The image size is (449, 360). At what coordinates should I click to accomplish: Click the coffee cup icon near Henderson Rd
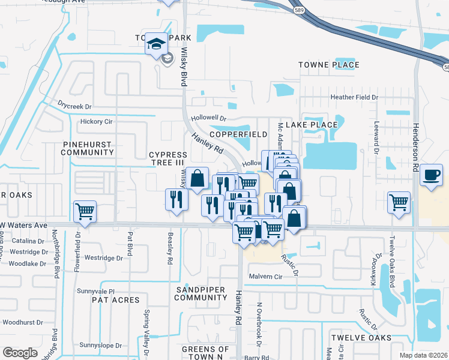[x=431, y=175]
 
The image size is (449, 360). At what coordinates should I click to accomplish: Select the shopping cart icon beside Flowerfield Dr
[x=85, y=211]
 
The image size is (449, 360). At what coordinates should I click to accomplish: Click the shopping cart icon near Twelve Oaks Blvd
[x=399, y=202]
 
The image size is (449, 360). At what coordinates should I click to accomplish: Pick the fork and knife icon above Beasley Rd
[x=176, y=199]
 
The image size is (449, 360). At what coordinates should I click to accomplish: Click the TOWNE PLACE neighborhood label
[x=329, y=65]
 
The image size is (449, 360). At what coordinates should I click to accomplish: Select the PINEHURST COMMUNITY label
[x=88, y=148]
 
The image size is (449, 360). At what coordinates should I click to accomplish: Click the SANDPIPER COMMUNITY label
[x=200, y=293]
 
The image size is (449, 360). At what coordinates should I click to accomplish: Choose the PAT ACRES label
[x=116, y=299]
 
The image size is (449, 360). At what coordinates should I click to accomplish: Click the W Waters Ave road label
[x=23, y=225]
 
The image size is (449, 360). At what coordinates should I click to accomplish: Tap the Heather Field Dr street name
[x=354, y=97]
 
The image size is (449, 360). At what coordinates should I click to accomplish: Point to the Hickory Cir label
[x=96, y=121]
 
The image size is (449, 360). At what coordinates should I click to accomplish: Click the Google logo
[x=20, y=353]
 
